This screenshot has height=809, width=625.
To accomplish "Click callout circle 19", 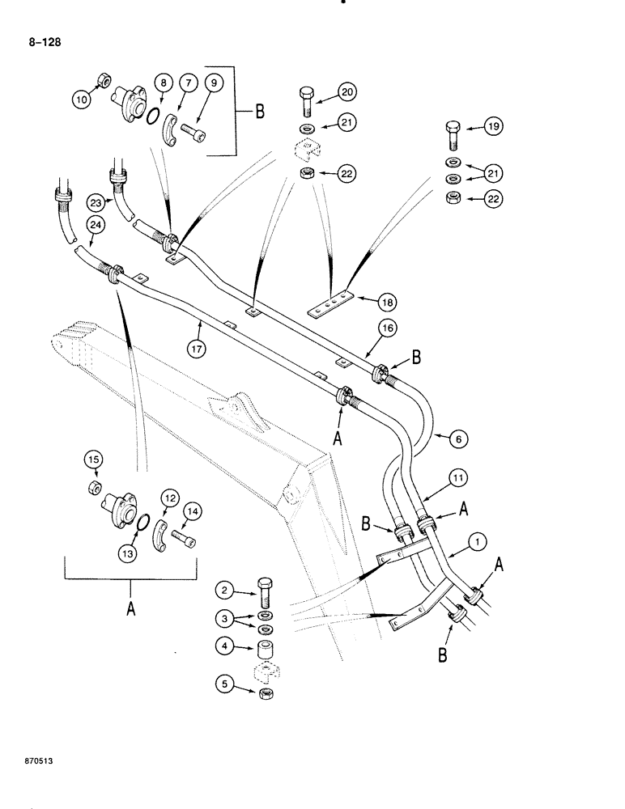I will point(493,125).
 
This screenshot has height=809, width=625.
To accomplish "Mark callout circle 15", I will point(93,460).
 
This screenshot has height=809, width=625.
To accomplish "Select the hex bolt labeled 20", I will point(307,95).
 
